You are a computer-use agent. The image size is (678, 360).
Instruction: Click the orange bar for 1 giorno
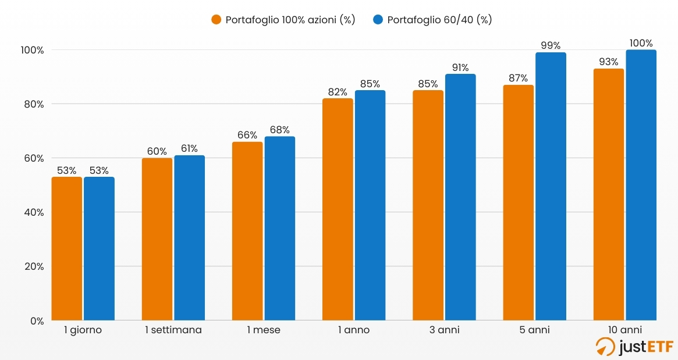point(67,248)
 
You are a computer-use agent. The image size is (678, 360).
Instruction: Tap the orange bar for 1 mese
point(247,231)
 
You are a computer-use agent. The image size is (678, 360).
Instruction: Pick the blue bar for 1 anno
point(370,205)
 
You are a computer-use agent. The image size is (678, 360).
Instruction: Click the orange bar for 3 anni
point(428,205)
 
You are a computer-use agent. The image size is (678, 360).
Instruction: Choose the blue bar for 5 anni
point(551,186)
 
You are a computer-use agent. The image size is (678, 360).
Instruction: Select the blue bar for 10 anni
point(641,185)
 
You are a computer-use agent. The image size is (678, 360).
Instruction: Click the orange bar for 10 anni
point(609,194)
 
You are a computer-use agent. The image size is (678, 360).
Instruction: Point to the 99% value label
point(551,45)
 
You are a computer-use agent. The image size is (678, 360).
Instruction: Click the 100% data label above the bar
point(641,42)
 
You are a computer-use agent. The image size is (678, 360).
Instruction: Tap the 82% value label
point(338,91)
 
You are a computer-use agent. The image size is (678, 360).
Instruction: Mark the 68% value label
point(280,130)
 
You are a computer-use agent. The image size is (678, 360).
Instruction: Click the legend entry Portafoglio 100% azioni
point(283,20)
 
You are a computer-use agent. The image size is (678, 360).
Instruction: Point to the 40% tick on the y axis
point(33,212)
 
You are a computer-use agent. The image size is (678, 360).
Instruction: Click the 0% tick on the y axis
point(36,320)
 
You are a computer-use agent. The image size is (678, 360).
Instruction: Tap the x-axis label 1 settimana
point(173,330)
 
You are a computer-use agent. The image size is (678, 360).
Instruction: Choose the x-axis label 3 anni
point(444,330)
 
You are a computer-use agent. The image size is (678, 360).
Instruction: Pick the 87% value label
point(518,78)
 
